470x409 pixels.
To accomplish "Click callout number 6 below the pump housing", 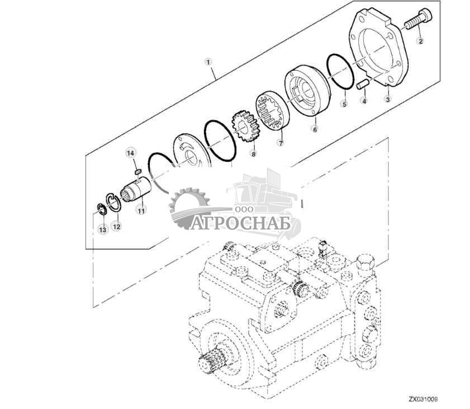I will pos(315,128).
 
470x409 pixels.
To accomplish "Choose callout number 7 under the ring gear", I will pos(281,143).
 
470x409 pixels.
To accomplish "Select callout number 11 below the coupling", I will pos(141,210).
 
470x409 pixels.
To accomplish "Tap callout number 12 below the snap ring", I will pos(116,226).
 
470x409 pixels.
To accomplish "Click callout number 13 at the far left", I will pos(102,229).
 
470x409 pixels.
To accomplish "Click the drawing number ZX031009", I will pos(422,399).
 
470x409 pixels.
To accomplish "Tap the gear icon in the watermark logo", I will pos(188,207).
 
